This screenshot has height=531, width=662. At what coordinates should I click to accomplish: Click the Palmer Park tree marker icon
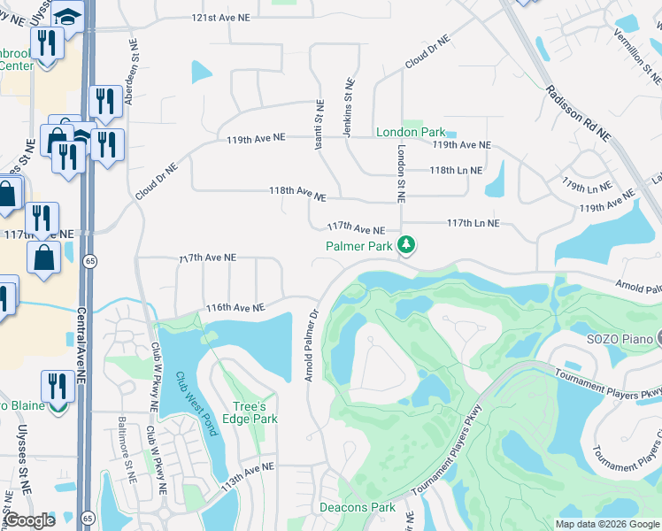[406, 243]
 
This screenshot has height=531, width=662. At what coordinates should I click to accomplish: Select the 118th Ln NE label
[456, 170]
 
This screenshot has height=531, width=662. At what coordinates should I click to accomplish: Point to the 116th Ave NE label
[235, 308]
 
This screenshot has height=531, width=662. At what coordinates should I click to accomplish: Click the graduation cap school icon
[66, 15]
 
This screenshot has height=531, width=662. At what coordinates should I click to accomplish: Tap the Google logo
[30, 521]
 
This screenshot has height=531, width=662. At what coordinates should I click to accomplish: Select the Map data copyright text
[606, 524]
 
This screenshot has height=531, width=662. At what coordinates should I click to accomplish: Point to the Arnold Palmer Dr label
[311, 346]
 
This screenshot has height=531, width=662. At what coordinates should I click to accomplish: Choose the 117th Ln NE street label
[473, 224]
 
